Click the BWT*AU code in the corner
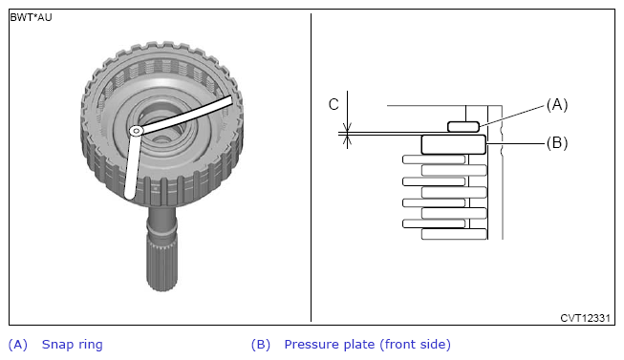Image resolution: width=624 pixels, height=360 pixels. click(x=31, y=17)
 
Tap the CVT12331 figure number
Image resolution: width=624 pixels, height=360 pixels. click(x=585, y=318)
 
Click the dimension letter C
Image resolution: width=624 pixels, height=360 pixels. click(x=334, y=105)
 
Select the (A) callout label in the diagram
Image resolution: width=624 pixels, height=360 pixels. click(x=557, y=105)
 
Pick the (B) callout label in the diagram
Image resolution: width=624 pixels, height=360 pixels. click(x=557, y=143)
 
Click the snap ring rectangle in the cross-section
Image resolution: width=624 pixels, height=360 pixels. click(x=463, y=127)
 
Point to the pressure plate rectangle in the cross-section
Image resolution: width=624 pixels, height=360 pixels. click(x=454, y=144)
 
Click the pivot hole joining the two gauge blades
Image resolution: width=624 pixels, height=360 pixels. click(x=137, y=131)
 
